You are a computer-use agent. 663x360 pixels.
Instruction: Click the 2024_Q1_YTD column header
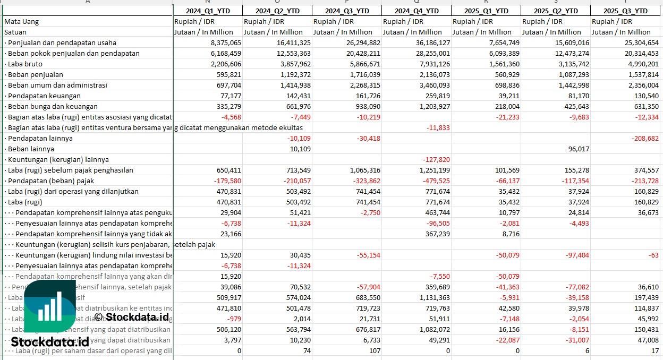point(208,11)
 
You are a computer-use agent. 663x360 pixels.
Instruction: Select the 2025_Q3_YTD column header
point(625,11)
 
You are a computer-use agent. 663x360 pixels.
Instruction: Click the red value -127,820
point(436,159)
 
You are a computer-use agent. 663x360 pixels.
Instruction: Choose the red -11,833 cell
point(438,127)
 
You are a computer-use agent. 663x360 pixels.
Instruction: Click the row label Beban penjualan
point(35,74)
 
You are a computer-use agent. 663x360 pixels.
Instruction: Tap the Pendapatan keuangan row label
point(44,96)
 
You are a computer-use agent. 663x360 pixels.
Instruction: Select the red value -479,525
point(436,181)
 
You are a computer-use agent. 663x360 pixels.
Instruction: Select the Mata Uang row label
point(22,21)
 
